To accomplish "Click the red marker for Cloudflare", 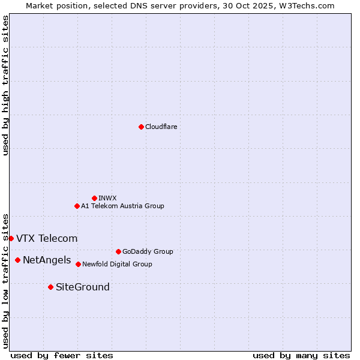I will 141,127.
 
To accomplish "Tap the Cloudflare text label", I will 161,127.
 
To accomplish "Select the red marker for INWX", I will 94,198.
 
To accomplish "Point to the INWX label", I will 108,198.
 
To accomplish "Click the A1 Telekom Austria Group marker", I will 77,206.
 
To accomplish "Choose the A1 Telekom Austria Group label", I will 123,206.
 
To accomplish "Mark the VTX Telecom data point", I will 11,238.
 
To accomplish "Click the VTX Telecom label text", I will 47,238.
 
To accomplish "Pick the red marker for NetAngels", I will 17,260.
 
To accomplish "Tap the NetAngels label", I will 47,260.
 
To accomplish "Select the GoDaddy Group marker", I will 118,251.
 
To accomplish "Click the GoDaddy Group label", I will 148,251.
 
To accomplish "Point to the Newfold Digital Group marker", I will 78,264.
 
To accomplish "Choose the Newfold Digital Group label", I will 118,264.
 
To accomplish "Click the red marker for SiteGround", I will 50,287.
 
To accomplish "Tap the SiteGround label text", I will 83,287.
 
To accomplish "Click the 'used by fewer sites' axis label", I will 62,355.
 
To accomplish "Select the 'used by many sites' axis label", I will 301,355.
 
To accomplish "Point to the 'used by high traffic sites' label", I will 5,85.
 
